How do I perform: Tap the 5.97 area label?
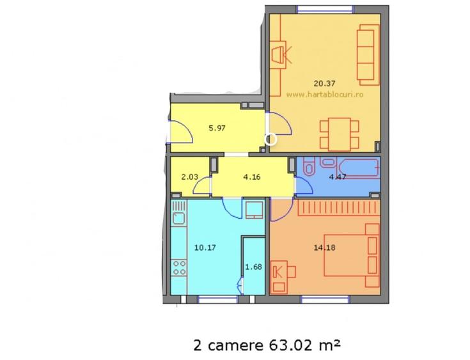[218, 127]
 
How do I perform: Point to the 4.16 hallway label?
[251, 178]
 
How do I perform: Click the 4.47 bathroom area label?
[337, 177]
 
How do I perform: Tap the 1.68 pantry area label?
[254, 267]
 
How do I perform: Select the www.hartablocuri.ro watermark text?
[325, 93]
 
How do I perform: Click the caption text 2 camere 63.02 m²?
[266, 345]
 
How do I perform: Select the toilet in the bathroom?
[308, 168]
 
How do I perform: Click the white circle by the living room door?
[270, 139]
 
